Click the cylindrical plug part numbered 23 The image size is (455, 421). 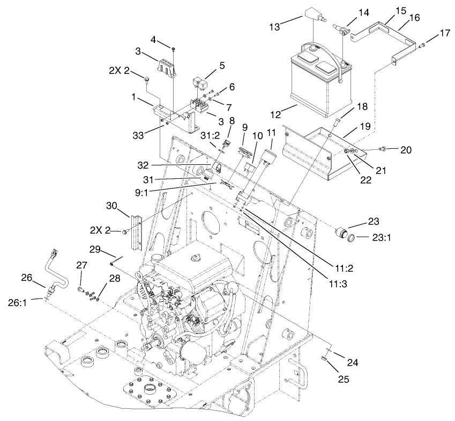(340, 233)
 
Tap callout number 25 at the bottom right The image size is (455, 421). (344, 379)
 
